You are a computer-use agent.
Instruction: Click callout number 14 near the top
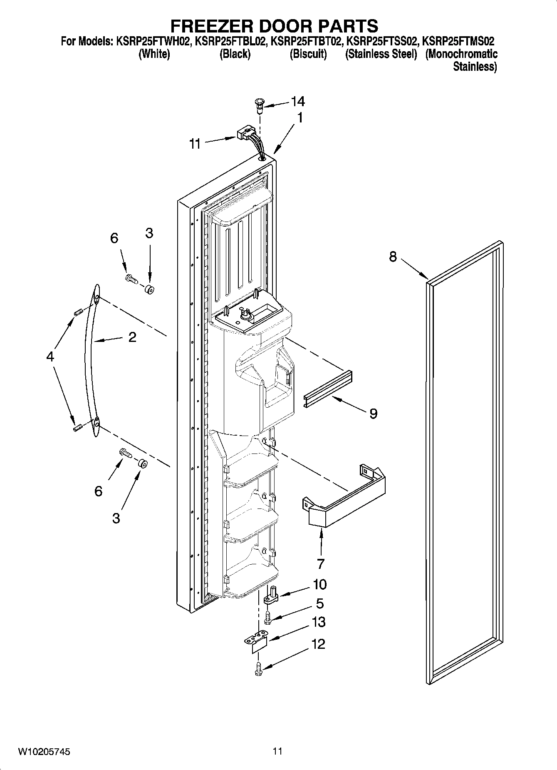coord(297,101)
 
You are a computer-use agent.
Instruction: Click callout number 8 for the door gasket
coord(393,257)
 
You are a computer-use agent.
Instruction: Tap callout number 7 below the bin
coord(320,564)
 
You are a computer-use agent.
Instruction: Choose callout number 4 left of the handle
coord(50,356)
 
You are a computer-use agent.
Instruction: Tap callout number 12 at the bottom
coord(318,644)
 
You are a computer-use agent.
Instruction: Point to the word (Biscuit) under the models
coord(308,54)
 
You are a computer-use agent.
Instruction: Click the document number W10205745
coord(44,752)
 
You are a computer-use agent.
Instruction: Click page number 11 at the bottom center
coord(278,751)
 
